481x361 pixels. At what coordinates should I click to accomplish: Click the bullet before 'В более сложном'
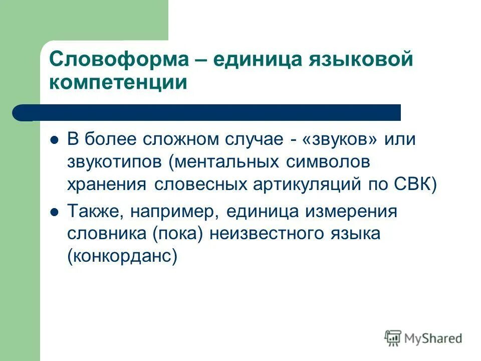click(x=55, y=140)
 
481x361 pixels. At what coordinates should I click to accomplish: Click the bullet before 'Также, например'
click(x=55, y=212)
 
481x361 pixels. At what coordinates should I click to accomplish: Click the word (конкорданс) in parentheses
click(x=122, y=256)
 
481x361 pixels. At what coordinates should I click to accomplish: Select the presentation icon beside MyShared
click(x=393, y=338)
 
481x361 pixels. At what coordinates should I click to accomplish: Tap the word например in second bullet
click(x=175, y=212)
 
